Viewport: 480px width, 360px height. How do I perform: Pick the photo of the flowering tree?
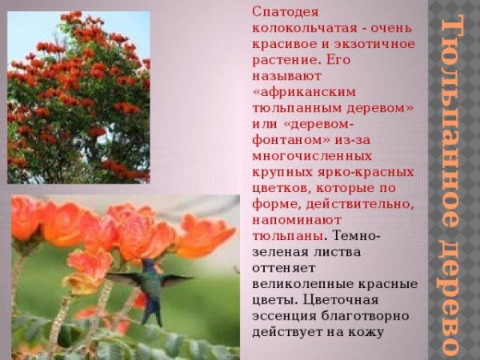coord(78,96)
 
